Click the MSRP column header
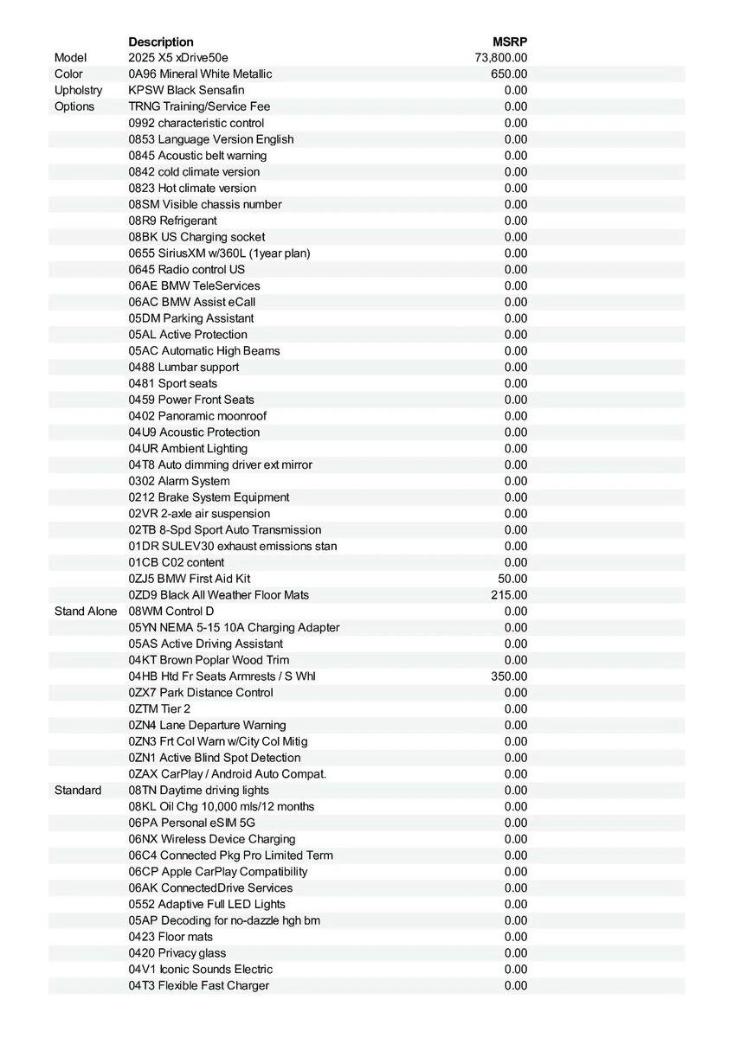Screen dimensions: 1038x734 pyautogui.click(x=510, y=42)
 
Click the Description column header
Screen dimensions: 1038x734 pyautogui.click(x=161, y=42)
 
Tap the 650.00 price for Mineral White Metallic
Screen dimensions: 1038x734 pyautogui.click(x=509, y=74)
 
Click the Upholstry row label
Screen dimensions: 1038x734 pyautogui.click(x=78, y=90)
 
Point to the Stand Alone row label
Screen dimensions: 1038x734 pyautogui.click(x=86, y=612)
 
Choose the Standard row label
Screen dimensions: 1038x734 pyautogui.click(x=78, y=791)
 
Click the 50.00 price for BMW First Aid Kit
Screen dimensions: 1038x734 pyautogui.click(x=512, y=579)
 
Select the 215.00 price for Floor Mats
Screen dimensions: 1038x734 pyautogui.click(x=509, y=595)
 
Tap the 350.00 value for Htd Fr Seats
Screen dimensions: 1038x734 pyautogui.click(x=509, y=676)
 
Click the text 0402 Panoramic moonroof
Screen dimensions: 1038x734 pyautogui.click(x=197, y=416)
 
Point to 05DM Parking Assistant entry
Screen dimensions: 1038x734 pyautogui.click(x=191, y=318)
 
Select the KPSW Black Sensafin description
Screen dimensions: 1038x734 pyautogui.click(x=186, y=90)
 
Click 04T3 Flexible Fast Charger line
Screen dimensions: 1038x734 pyautogui.click(x=198, y=986)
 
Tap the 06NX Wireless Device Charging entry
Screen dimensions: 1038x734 pyautogui.click(x=212, y=839)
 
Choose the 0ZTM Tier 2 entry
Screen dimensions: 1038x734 pyautogui.click(x=159, y=709)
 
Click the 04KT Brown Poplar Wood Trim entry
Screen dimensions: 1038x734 pyautogui.click(x=209, y=660)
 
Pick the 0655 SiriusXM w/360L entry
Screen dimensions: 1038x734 pyautogui.click(x=219, y=253)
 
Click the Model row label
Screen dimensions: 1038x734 pyautogui.click(x=71, y=58)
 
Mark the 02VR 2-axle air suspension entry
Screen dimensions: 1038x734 pyautogui.click(x=199, y=514)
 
